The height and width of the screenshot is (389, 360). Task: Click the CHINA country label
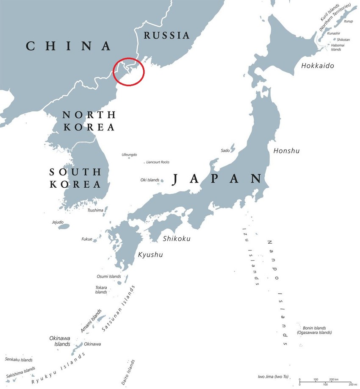click(69, 46)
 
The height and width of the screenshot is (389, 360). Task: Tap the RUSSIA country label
click(166, 35)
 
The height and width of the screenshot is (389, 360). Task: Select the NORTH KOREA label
click(89, 121)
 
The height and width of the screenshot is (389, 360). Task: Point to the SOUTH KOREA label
click(75, 178)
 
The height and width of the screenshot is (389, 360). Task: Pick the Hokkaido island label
click(318, 66)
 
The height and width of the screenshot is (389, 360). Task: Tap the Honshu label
click(286, 150)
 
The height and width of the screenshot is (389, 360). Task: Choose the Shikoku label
click(177, 239)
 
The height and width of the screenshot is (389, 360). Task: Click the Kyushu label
click(150, 255)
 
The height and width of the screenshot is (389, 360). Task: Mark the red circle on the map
click(129, 72)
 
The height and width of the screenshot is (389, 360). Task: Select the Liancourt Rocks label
click(158, 162)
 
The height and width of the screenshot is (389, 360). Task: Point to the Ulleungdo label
click(129, 155)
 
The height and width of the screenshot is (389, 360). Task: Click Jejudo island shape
click(64, 227)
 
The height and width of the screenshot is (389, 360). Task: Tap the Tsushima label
click(95, 210)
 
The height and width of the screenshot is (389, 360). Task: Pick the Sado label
click(225, 150)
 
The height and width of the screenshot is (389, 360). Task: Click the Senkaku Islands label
click(19, 360)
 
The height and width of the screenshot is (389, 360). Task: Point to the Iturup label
click(348, 21)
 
